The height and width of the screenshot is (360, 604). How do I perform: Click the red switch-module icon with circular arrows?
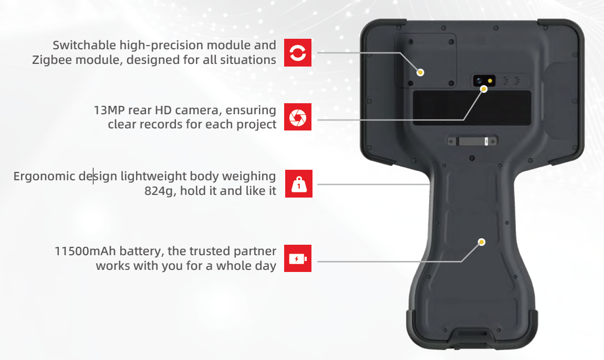(298, 52)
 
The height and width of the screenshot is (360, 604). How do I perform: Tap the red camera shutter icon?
(298, 117)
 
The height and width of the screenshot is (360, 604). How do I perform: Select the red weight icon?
(298, 183)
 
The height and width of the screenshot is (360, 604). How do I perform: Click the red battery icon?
(298, 258)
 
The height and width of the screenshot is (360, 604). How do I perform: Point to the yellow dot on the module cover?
(420, 72)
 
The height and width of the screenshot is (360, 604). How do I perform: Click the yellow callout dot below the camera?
(484, 89)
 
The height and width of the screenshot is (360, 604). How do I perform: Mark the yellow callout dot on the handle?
(481, 242)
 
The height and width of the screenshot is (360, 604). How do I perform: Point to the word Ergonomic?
(44, 177)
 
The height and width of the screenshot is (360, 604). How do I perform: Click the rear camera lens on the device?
(479, 81)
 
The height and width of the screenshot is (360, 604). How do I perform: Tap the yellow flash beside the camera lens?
(490, 81)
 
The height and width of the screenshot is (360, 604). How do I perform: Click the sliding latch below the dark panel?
(472, 141)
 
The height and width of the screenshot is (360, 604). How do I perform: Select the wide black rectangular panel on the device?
(472, 108)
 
